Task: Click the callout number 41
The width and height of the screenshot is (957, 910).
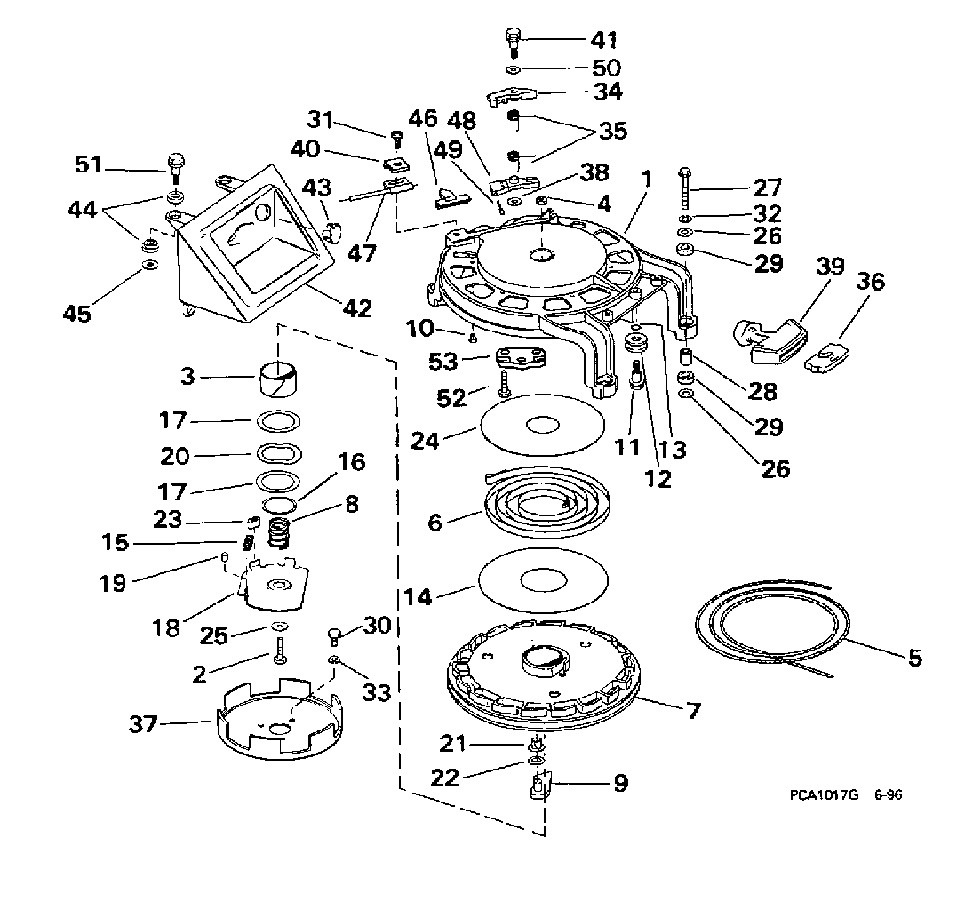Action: coord(603,40)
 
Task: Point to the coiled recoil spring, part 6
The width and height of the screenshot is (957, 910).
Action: coord(546,502)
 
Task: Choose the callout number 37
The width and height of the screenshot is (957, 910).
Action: coord(143,724)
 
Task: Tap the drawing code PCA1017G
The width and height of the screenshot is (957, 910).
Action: coord(824,794)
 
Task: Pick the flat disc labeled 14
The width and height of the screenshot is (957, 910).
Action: coord(543,579)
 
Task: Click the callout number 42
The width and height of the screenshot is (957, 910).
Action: coord(357,308)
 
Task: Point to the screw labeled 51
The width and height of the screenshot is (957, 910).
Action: coord(176,169)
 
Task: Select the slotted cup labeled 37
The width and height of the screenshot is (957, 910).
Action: coord(280,716)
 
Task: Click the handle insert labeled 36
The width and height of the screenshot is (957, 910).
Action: coord(826,357)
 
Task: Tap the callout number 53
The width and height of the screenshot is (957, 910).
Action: coord(443,362)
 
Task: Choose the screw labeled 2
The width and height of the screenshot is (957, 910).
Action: coord(280,651)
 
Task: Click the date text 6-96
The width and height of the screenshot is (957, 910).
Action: coord(888,794)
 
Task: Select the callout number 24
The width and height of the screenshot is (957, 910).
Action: coord(425,440)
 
